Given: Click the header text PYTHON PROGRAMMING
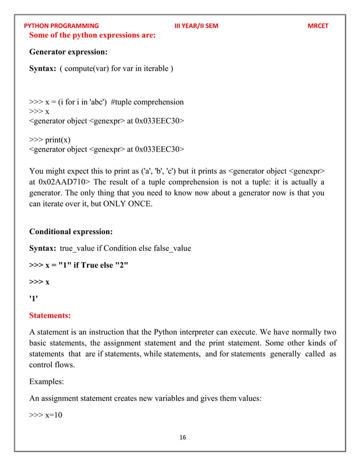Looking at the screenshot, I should point(62,25).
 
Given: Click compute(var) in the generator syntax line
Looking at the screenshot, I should point(86,69).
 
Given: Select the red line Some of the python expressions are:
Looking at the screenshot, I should point(92,35).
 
